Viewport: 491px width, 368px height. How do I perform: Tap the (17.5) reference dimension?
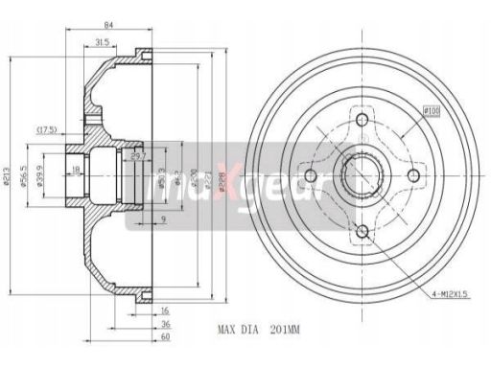pos(47,129)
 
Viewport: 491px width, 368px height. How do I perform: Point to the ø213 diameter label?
pos(9,178)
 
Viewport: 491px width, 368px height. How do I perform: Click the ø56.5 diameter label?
pos(26,178)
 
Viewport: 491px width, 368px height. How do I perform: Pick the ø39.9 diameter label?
pos(38,178)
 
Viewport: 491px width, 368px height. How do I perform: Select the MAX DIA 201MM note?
pos(260,329)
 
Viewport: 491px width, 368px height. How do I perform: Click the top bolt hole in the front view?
pos(361,121)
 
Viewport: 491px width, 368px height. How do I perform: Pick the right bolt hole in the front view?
pos(415,175)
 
